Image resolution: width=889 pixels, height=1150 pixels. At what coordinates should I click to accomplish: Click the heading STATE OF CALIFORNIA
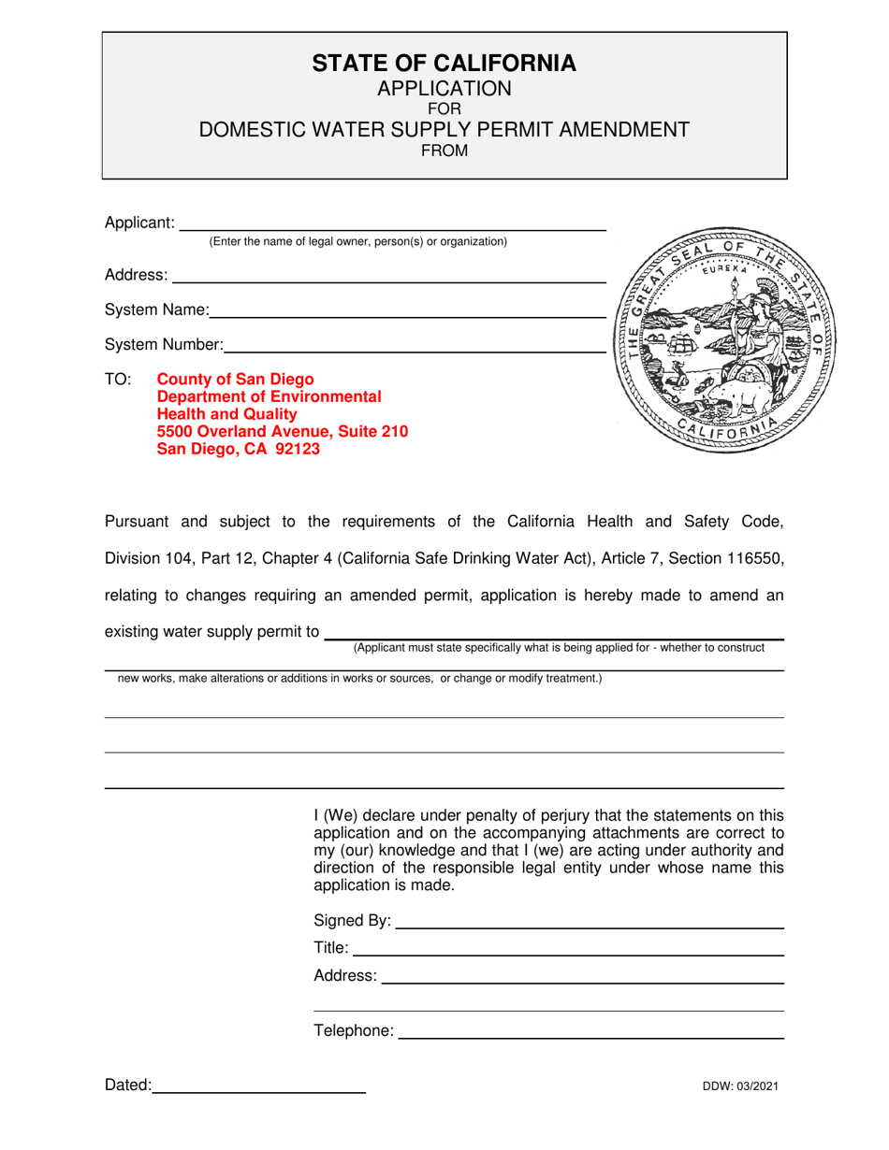[x=444, y=64]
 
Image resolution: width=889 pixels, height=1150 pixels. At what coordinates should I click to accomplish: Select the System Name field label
[x=156, y=310]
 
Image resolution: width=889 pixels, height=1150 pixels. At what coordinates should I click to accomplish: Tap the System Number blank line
[x=414, y=350]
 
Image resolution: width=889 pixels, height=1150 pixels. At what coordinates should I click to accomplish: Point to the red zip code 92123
[x=292, y=449]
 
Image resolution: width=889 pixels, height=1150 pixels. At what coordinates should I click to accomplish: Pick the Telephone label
[x=354, y=1031]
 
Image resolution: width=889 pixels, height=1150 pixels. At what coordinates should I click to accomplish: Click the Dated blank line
[x=258, y=1091]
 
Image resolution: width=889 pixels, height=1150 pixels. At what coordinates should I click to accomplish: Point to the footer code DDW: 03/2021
[x=741, y=1086]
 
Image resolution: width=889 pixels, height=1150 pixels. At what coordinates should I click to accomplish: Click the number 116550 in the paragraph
[x=754, y=559]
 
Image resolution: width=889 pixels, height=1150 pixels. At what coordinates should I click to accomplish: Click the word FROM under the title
[x=444, y=151]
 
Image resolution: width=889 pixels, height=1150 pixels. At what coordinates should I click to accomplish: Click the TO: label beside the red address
[x=118, y=380]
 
